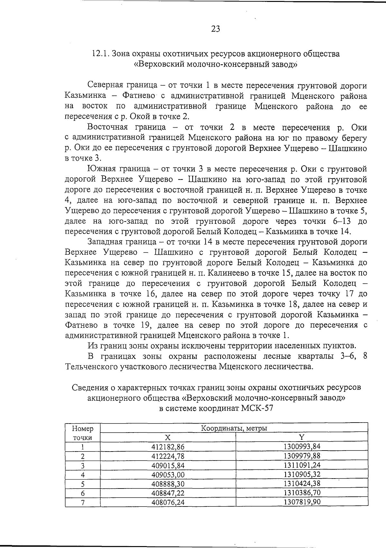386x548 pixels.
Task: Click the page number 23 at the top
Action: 216,29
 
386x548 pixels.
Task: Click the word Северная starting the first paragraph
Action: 105,86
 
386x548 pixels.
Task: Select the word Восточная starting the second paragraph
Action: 107,127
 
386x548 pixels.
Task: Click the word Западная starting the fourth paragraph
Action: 106,242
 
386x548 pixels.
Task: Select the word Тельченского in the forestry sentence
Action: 90,366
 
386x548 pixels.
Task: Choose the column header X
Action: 168,437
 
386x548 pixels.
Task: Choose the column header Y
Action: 302,437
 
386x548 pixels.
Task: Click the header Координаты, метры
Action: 234,428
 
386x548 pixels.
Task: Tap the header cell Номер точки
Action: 83,433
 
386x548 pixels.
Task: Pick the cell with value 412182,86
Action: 168,447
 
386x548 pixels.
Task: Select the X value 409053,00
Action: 168,474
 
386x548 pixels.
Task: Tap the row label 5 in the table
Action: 83,484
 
